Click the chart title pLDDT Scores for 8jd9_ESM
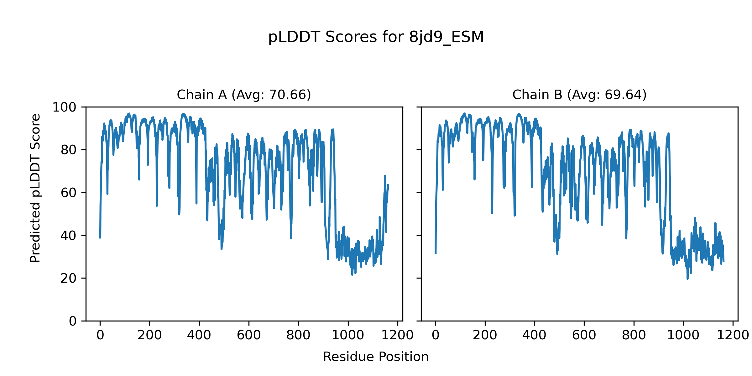coord(376,37)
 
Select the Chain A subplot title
coord(244,95)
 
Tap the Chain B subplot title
coord(579,95)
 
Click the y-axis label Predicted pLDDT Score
coord(35,188)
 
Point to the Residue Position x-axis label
coord(376,357)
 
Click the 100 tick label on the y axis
coord(64,107)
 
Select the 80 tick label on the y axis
coord(69,150)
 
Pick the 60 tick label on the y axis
coord(69,193)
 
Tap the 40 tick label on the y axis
coord(69,236)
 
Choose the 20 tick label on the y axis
coord(69,278)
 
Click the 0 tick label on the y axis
coord(73,321)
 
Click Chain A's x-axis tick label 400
coord(199,335)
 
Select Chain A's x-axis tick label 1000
coord(348,335)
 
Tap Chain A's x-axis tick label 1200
coord(397,335)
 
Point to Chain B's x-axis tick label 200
coord(485,335)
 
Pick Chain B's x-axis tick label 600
coord(584,335)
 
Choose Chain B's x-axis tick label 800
coord(634,335)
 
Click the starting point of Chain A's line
coord(100,238)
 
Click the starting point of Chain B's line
coord(436,253)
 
